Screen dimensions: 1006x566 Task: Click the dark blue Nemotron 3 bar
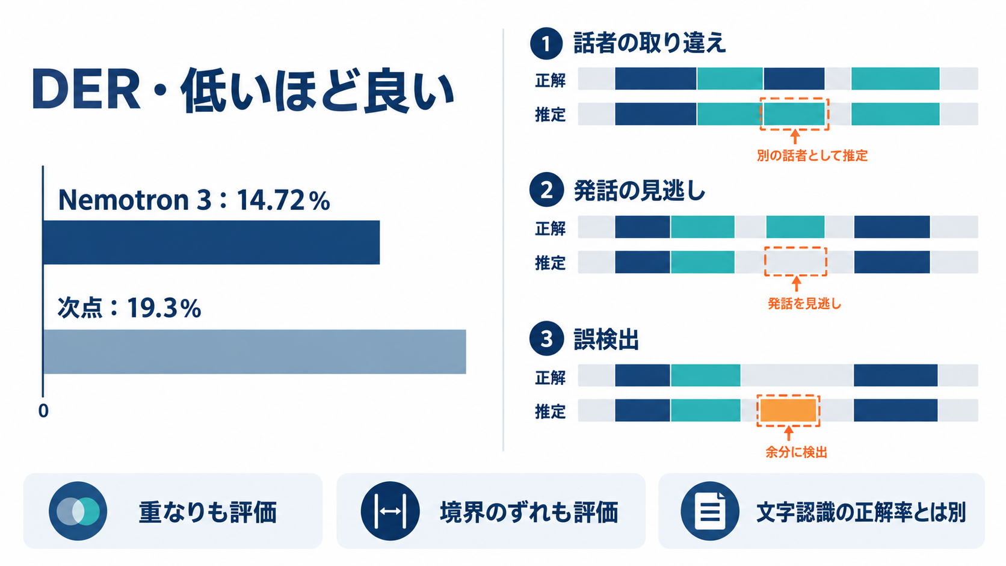(x=212, y=242)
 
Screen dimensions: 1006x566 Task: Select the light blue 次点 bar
(x=255, y=352)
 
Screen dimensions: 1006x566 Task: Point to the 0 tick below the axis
(x=43, y=411)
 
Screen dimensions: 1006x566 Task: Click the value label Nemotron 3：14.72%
(x=194, y=200)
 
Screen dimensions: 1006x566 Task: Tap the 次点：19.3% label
(x=129, y=308)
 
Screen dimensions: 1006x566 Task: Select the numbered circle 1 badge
(x=546, y=43)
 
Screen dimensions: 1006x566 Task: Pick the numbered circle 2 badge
(x=546, y=190)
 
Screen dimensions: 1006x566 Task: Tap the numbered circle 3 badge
(x=546, y=339)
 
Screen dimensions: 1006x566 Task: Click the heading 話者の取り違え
(x=649, y=43)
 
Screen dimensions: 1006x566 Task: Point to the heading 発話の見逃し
(x=640, y=191)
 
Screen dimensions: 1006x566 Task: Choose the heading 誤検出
(x=606, y=339)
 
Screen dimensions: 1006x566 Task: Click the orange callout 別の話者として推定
(x=812, y=156)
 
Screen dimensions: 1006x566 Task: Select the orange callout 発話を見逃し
(x=804, y=304)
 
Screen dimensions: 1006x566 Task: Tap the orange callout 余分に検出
(x=796, y=452)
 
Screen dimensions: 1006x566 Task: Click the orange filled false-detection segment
(x=788, y=410)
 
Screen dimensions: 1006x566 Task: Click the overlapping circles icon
(x=78, y=511)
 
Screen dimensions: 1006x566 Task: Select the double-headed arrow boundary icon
(x=390, y=511)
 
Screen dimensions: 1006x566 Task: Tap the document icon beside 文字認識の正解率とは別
(x=709, y=511)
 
